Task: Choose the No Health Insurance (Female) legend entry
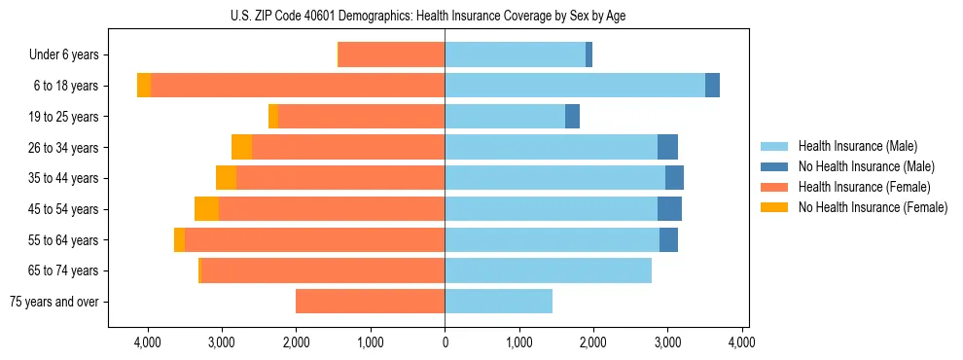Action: pyautogui.click(x=873, y=207)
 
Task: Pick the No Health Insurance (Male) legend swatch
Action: pyautogui.click(x=775, y=166)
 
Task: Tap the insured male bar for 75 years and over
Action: pyautogui.click(x=498, y=302)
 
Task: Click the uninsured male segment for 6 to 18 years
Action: pyautogui.click(x=712, y=86)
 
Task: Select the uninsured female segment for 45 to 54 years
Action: pyautogui.click(x=206, y=209)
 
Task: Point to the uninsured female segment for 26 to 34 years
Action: pyautogui.click(x=241, y=147)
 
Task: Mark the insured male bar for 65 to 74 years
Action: pyautogui.click(x=548, y=270)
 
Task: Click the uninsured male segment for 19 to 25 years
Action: pyautogui.click(x=572, y=117)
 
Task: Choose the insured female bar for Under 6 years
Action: pyautogui.click(x=391, y=55)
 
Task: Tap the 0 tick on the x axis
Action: pyautogui.click(x=445, y=342)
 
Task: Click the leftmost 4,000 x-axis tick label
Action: pyautogui.click(x=148, y=342)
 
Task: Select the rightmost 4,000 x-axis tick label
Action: pyautogui.click(x=742, y=342)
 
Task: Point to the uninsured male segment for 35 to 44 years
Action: pyautogui.click(x=674, y=178)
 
